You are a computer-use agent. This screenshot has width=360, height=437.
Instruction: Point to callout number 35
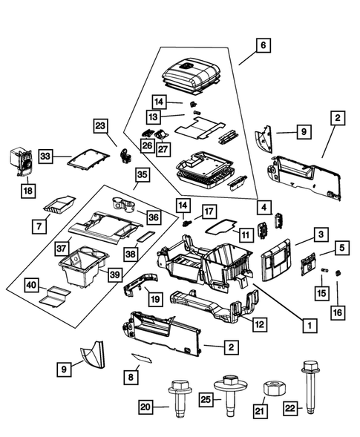tap(141, 175)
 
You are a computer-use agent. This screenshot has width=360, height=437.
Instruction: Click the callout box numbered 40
tap(32, 285)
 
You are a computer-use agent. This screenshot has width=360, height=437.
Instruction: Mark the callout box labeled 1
tap(304, 323)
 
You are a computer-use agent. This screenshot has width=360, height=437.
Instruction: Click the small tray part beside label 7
tap(59, 203)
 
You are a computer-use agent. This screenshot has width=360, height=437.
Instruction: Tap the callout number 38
tap(131, 253)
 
